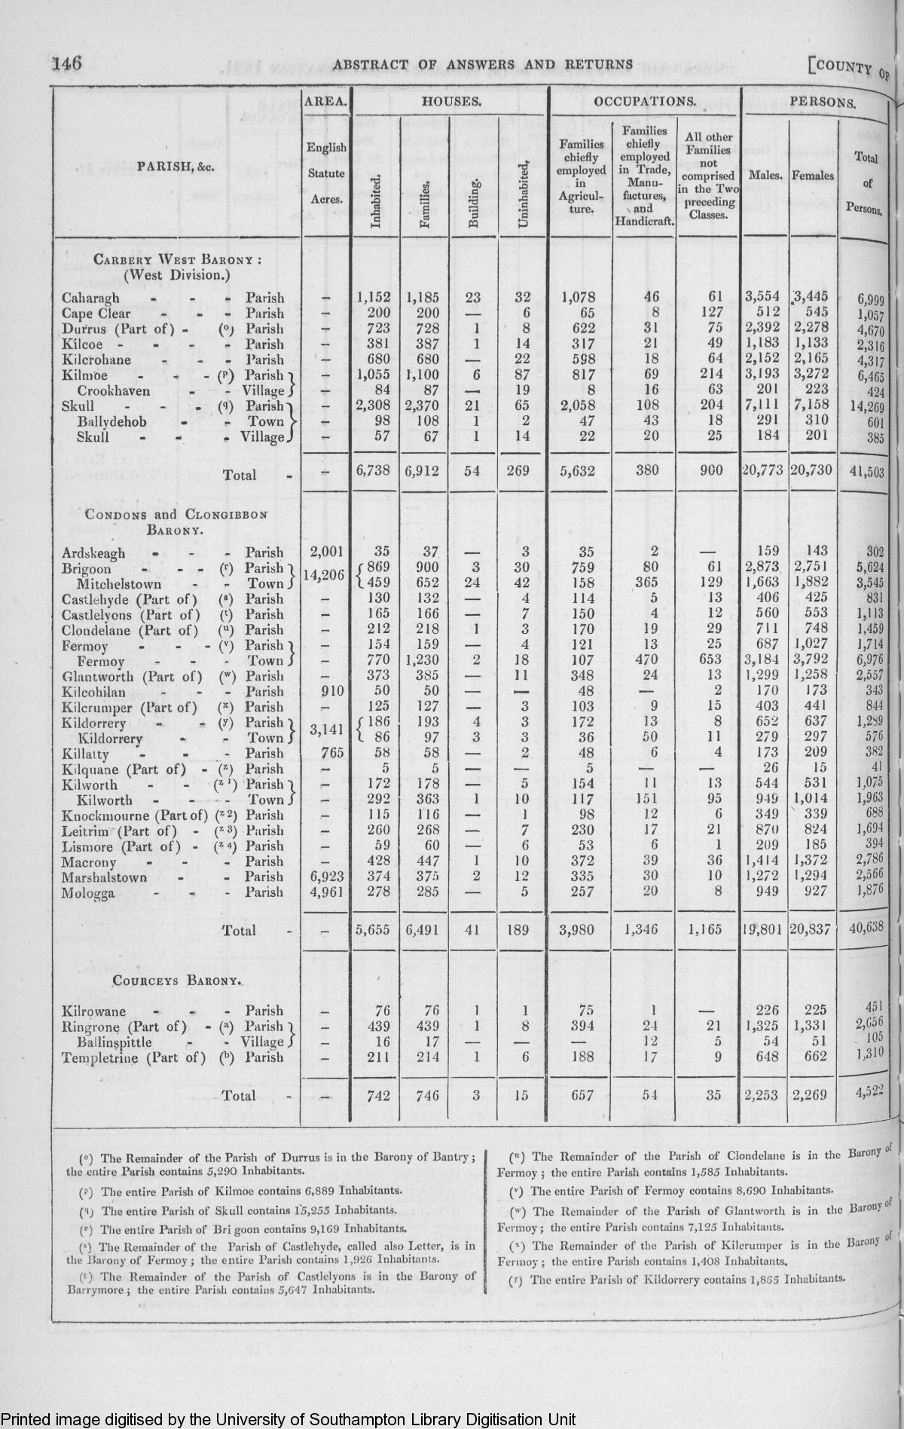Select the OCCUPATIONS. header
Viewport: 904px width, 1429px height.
[x=644, y=100]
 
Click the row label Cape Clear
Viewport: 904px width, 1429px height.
[x=96, y=314]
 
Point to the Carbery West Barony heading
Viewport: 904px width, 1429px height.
[x=177, y=261]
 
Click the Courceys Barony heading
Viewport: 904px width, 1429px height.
[x=177, y=981]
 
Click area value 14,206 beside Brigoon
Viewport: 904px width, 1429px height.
[x=323, y=575]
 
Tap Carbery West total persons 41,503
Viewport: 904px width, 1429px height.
[x=866, y=472]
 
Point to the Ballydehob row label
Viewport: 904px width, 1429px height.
[x=111, y=421]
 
